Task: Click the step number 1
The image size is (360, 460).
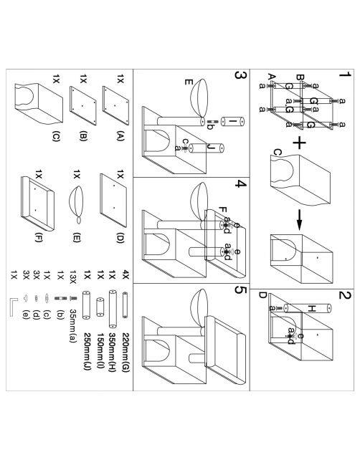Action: (x=344, y=75)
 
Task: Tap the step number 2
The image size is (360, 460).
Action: (x=344, y=294)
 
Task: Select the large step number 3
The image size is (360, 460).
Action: (x=240, y=75)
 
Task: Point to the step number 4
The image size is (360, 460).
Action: (x=241, y=184)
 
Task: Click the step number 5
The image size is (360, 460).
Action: (x=241, y=290)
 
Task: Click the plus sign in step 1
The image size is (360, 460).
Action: (x=299, y=143)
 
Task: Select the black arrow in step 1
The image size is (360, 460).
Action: (x=299, y=220)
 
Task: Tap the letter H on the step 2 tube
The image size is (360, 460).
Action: (x=311, y=308)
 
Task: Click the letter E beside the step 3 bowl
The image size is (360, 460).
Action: (x=188, y=81)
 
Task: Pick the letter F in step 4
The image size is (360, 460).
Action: (x=222, y=211)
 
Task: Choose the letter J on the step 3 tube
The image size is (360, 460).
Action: (x=211, y=147)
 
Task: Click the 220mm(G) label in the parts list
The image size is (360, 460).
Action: (x=125, y=352)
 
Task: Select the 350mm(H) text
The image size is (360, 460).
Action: (x=113, y=352)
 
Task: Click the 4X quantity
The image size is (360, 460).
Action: (x=125, y=275)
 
